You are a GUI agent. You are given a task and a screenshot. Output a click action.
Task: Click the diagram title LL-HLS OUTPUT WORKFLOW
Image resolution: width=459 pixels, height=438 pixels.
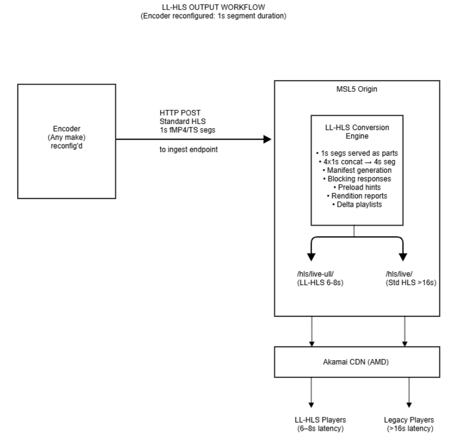tap(214, 7)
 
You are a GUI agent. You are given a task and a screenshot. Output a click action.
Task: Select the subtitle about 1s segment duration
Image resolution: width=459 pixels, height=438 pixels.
tap(214, 16)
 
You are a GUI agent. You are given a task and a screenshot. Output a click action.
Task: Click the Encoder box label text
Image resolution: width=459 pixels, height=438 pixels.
tap(67, 137)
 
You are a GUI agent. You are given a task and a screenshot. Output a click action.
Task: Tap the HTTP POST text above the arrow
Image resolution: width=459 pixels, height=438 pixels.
tap(180, 113)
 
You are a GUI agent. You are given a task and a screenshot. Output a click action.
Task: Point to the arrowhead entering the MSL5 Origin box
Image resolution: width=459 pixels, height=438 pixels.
tap(267, 140)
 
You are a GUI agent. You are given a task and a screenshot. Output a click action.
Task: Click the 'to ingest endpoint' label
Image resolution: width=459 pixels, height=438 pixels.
tap(189, 150)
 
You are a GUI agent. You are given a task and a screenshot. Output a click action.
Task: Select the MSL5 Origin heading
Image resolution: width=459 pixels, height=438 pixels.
tap(357, 89)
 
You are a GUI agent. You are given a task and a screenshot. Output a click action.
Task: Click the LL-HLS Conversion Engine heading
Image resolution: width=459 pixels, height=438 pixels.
tap(357, 132)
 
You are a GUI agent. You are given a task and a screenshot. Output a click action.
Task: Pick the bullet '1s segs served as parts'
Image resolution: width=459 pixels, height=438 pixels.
tap(357, 153)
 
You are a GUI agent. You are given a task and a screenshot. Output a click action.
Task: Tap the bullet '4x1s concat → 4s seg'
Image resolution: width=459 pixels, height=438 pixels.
tap(357, 162)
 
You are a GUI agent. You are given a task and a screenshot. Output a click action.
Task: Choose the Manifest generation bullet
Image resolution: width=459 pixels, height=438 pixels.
tap(357, 170)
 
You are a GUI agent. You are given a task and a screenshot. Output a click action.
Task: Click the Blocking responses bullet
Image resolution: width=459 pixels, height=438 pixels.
tap(357, 178)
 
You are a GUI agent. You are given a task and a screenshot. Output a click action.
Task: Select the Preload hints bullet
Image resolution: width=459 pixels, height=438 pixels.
tap(357, 187)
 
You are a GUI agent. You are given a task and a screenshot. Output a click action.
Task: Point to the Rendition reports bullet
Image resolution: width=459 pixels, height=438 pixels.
tap(357, 196)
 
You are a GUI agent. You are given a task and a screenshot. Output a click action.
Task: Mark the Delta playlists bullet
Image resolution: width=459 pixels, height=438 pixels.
tap(357, 205)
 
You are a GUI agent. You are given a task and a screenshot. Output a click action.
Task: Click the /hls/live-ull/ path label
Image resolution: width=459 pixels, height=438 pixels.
tap(315, 274)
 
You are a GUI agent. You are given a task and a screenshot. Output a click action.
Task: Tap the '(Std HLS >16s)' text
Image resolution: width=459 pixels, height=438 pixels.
tap(411, 282)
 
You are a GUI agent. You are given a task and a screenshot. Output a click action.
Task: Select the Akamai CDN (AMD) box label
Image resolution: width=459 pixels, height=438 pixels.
tap(356, 362)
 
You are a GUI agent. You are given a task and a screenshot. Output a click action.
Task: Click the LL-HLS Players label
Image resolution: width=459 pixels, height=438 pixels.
tap(320, 420)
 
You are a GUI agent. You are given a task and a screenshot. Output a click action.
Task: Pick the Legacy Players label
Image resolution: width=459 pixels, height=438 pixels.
tap(409, 420)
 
